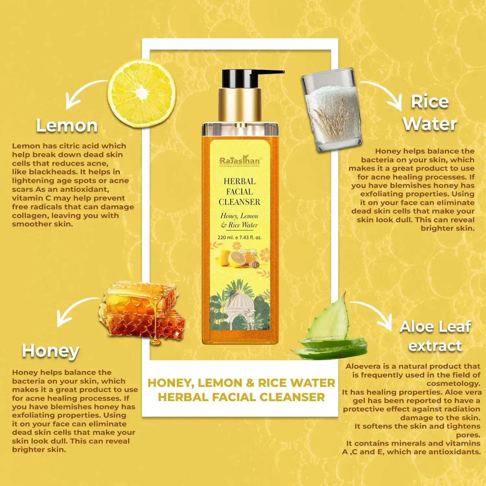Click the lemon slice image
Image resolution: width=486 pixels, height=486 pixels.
(142, 94)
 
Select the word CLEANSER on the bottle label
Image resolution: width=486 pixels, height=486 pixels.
(239, 202)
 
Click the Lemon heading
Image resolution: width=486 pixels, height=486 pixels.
(67, 126)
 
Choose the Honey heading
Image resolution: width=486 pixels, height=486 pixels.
(51, 351)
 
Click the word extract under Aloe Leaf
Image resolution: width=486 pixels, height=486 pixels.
(435, 346)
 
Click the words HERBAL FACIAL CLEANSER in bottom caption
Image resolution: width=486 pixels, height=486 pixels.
(241, 397)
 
